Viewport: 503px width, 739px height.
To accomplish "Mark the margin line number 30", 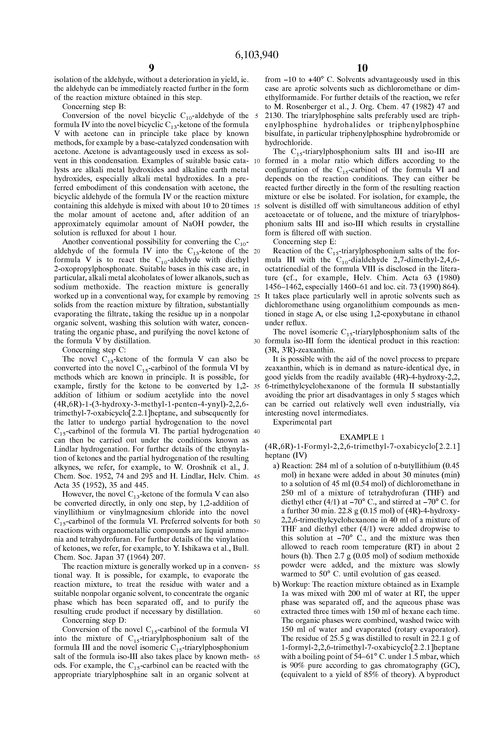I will [257, 341].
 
